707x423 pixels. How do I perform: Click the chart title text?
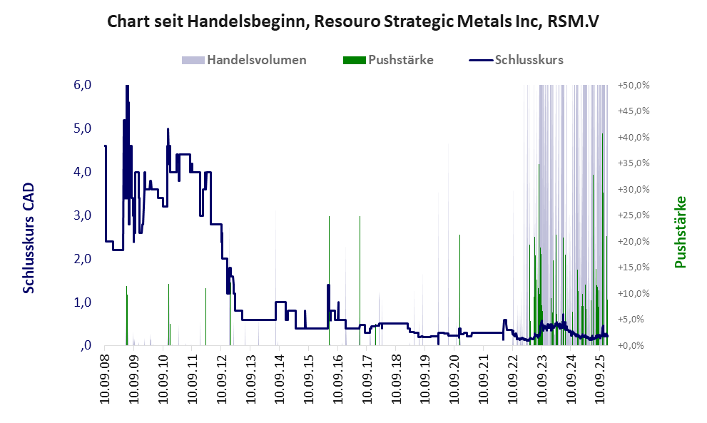pos(352,21)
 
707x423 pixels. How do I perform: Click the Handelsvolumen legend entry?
pos(257,60)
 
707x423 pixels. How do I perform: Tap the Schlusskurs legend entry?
pos(529,60)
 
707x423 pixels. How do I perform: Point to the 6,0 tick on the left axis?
pos(82,85)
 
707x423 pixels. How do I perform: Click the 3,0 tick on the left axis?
pos(82,215)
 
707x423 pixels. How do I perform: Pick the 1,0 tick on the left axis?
pos(82,302)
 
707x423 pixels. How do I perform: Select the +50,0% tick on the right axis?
pos(633,86)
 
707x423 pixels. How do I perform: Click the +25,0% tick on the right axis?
pos(633,215)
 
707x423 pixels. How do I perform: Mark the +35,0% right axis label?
pos(633,163)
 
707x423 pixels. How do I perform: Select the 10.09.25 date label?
pos(600,377)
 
